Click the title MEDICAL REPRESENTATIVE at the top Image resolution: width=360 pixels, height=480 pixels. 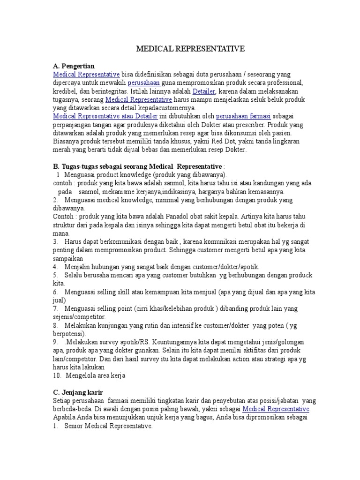[x=190, y=49]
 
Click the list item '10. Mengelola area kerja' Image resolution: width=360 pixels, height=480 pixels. [x=89, y=376]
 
